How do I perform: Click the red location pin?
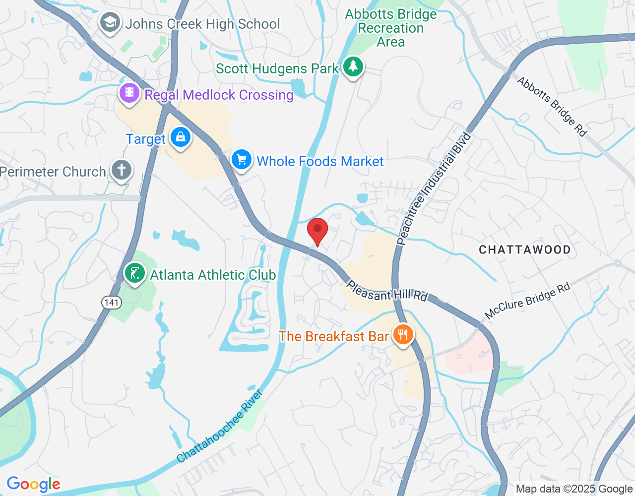click(317, 231)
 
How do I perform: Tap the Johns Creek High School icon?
click(110, 23)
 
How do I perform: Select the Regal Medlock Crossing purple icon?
click(129, 93)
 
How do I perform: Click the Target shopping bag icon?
click(180, 137)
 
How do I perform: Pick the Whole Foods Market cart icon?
click(242, 160)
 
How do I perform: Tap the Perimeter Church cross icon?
click(121, 170)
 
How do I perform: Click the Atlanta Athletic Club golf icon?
click(134, 273)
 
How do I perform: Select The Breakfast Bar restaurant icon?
click(403, 335)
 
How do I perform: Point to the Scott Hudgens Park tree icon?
click(353, 66)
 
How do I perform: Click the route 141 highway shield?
click(112, 302)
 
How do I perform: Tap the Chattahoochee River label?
click(219, 427)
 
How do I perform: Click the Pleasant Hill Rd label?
click(386, 291)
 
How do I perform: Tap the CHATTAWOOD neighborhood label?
click(524, 249)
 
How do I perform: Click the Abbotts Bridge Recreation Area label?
click(391, 28)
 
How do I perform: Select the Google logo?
click(34, 484)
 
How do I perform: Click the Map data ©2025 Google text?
click(574, 489)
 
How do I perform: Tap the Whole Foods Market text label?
click(320, 161)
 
